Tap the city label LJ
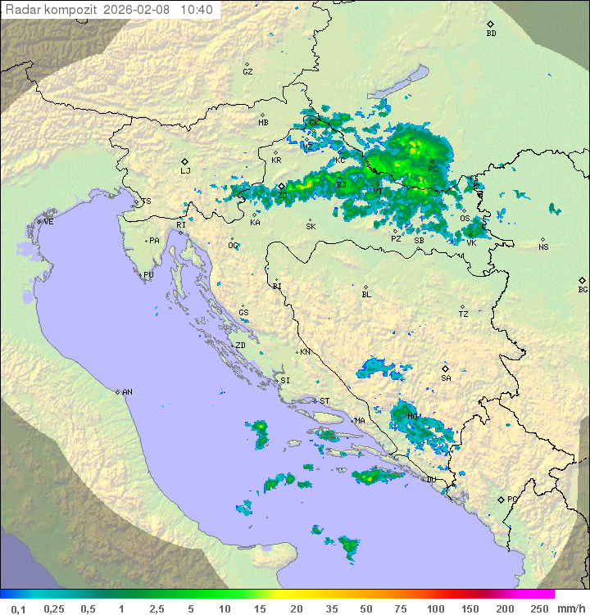[185, 170]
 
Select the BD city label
[491, 34]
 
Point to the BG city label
[583, 289]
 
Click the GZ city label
[247, 72]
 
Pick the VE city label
[48, 222]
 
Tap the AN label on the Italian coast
[127, 392]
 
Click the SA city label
[446, 378]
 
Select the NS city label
[543, 247]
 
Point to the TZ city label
[463, 314]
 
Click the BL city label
[366, 295]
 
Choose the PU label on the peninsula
[148, 275]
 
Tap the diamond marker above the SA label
[446, 369]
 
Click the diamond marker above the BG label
[583, 280]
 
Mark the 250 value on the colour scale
[539, 608]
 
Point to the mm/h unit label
[570, 608]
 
